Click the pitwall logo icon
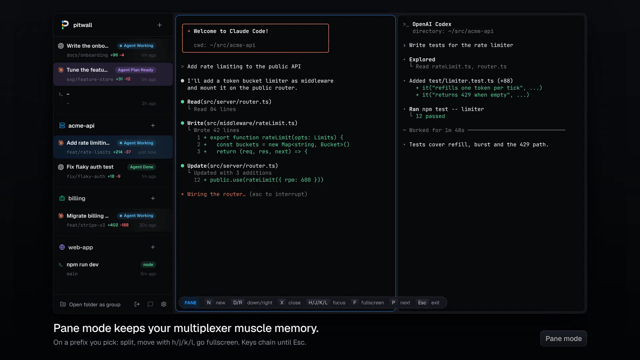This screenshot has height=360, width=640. [x=65, y=25]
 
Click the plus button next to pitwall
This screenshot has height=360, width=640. [x=160, y=25]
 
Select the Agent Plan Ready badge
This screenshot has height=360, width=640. [x=135, y=70]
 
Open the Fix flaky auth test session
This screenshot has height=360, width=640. [x=90, y=167]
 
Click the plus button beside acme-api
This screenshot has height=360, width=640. [x=153, y=126]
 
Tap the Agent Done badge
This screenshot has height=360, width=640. [x=142, y=167]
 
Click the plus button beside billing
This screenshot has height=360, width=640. [x=153, y=198]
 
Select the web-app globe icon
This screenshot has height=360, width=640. [x=62, y=247]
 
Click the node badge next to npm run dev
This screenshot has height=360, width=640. [x=148, y=265]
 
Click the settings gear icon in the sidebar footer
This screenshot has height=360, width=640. [x=164, y=304]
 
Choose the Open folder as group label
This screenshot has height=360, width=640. [x=95, y=305]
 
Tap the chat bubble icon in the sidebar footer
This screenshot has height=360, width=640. [x=150, y=304]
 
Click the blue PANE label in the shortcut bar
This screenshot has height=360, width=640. [x=191, y=303]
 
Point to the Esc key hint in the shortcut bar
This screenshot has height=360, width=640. [x=422, y=303]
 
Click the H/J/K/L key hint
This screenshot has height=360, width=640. [x=318, y=303]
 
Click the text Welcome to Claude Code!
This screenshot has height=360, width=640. [x=231, y=31]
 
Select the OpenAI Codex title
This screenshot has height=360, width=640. [x=432, y=24]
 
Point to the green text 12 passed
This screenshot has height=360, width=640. [x=430, y=116]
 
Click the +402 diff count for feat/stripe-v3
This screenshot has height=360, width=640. [x=113, y=225]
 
